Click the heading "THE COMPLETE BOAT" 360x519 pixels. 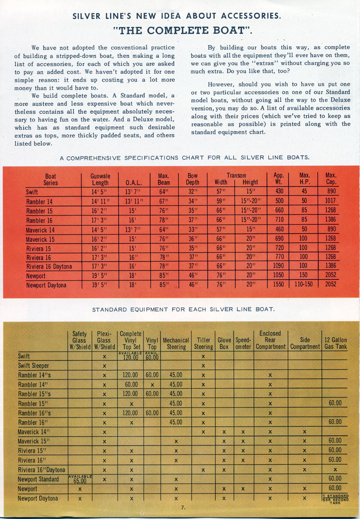click(x=183, y=32)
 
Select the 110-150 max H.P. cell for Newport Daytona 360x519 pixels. click(x=305, y=285)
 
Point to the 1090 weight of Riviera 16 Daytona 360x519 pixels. click(x=278, y=266)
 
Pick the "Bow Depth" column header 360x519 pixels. click(x=193, y=179)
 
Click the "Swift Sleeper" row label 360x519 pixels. click(x=33, y=366)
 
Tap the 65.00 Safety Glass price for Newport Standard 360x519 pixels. click(x=80, y=480)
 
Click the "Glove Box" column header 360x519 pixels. click(x=224, y=343)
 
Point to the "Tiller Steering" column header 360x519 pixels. click(x=203, y=343)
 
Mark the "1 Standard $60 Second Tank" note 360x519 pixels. click(x=335, y=499)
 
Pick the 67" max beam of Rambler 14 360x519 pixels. click(x=164, y=201)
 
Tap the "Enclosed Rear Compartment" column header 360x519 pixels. click(x=270, y=340)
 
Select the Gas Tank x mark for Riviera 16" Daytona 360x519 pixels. click(x=335, y=470)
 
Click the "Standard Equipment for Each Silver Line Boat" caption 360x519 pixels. click(x=183, y=310)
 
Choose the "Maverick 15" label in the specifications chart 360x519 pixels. click(x=40, y=238)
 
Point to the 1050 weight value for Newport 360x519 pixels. click(x=278, y=275)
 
